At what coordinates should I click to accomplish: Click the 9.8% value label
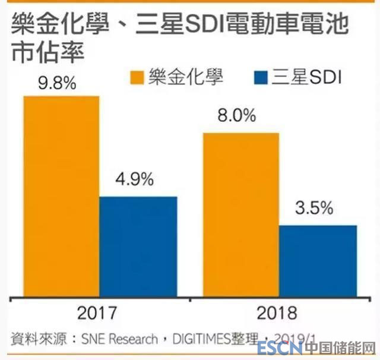coord(57,83)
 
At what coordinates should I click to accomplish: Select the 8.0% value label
coord(237,116)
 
